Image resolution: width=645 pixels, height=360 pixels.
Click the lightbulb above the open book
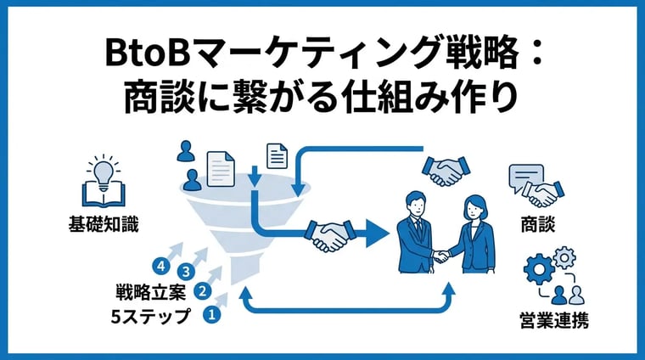(x=104, y=173)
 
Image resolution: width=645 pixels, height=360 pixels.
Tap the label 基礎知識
(x=104, y=225)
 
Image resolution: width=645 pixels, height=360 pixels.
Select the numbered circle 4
(x=161, y=267)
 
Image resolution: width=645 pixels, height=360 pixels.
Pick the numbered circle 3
(x=186, y=272)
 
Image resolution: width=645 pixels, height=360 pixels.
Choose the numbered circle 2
(x=202, y=291)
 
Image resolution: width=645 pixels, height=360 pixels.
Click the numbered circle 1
(x=212, y=315)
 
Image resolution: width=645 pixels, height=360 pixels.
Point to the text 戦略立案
(x=151, y=292)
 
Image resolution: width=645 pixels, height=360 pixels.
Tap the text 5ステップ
(x=151, y=316)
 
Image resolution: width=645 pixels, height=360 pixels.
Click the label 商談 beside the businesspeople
(x=538, y=225)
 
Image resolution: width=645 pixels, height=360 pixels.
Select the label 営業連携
(x=554, y=320)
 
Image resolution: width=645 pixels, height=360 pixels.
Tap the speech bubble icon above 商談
(x=525, y=177)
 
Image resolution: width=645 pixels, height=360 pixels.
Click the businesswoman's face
(x=474, y=211)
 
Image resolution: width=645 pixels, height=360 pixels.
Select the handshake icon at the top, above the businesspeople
(x=445, y=171)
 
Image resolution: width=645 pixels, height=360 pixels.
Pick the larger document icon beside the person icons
(x=221, y=169)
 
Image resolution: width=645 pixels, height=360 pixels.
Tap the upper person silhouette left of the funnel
(x=186, y=151)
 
